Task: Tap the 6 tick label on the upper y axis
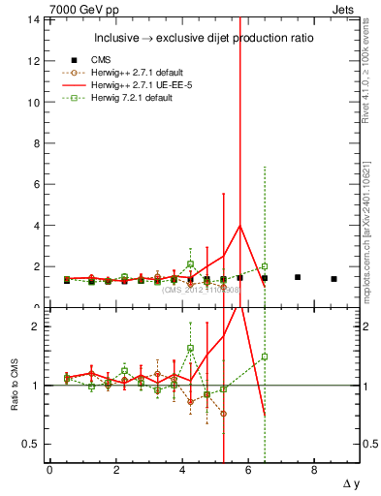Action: pyautogui.click(x=36, y=184)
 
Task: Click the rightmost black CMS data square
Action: pyautogui.click(x=333, y=279)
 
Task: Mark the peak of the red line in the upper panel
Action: pyautogui.click(x=240, y=226)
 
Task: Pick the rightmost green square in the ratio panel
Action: pyautogui.click(x=264, y=356)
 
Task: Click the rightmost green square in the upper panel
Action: pyautogui.click(x=264, y=266)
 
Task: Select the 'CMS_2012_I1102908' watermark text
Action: pyautogui.click(x=200, y=289)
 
